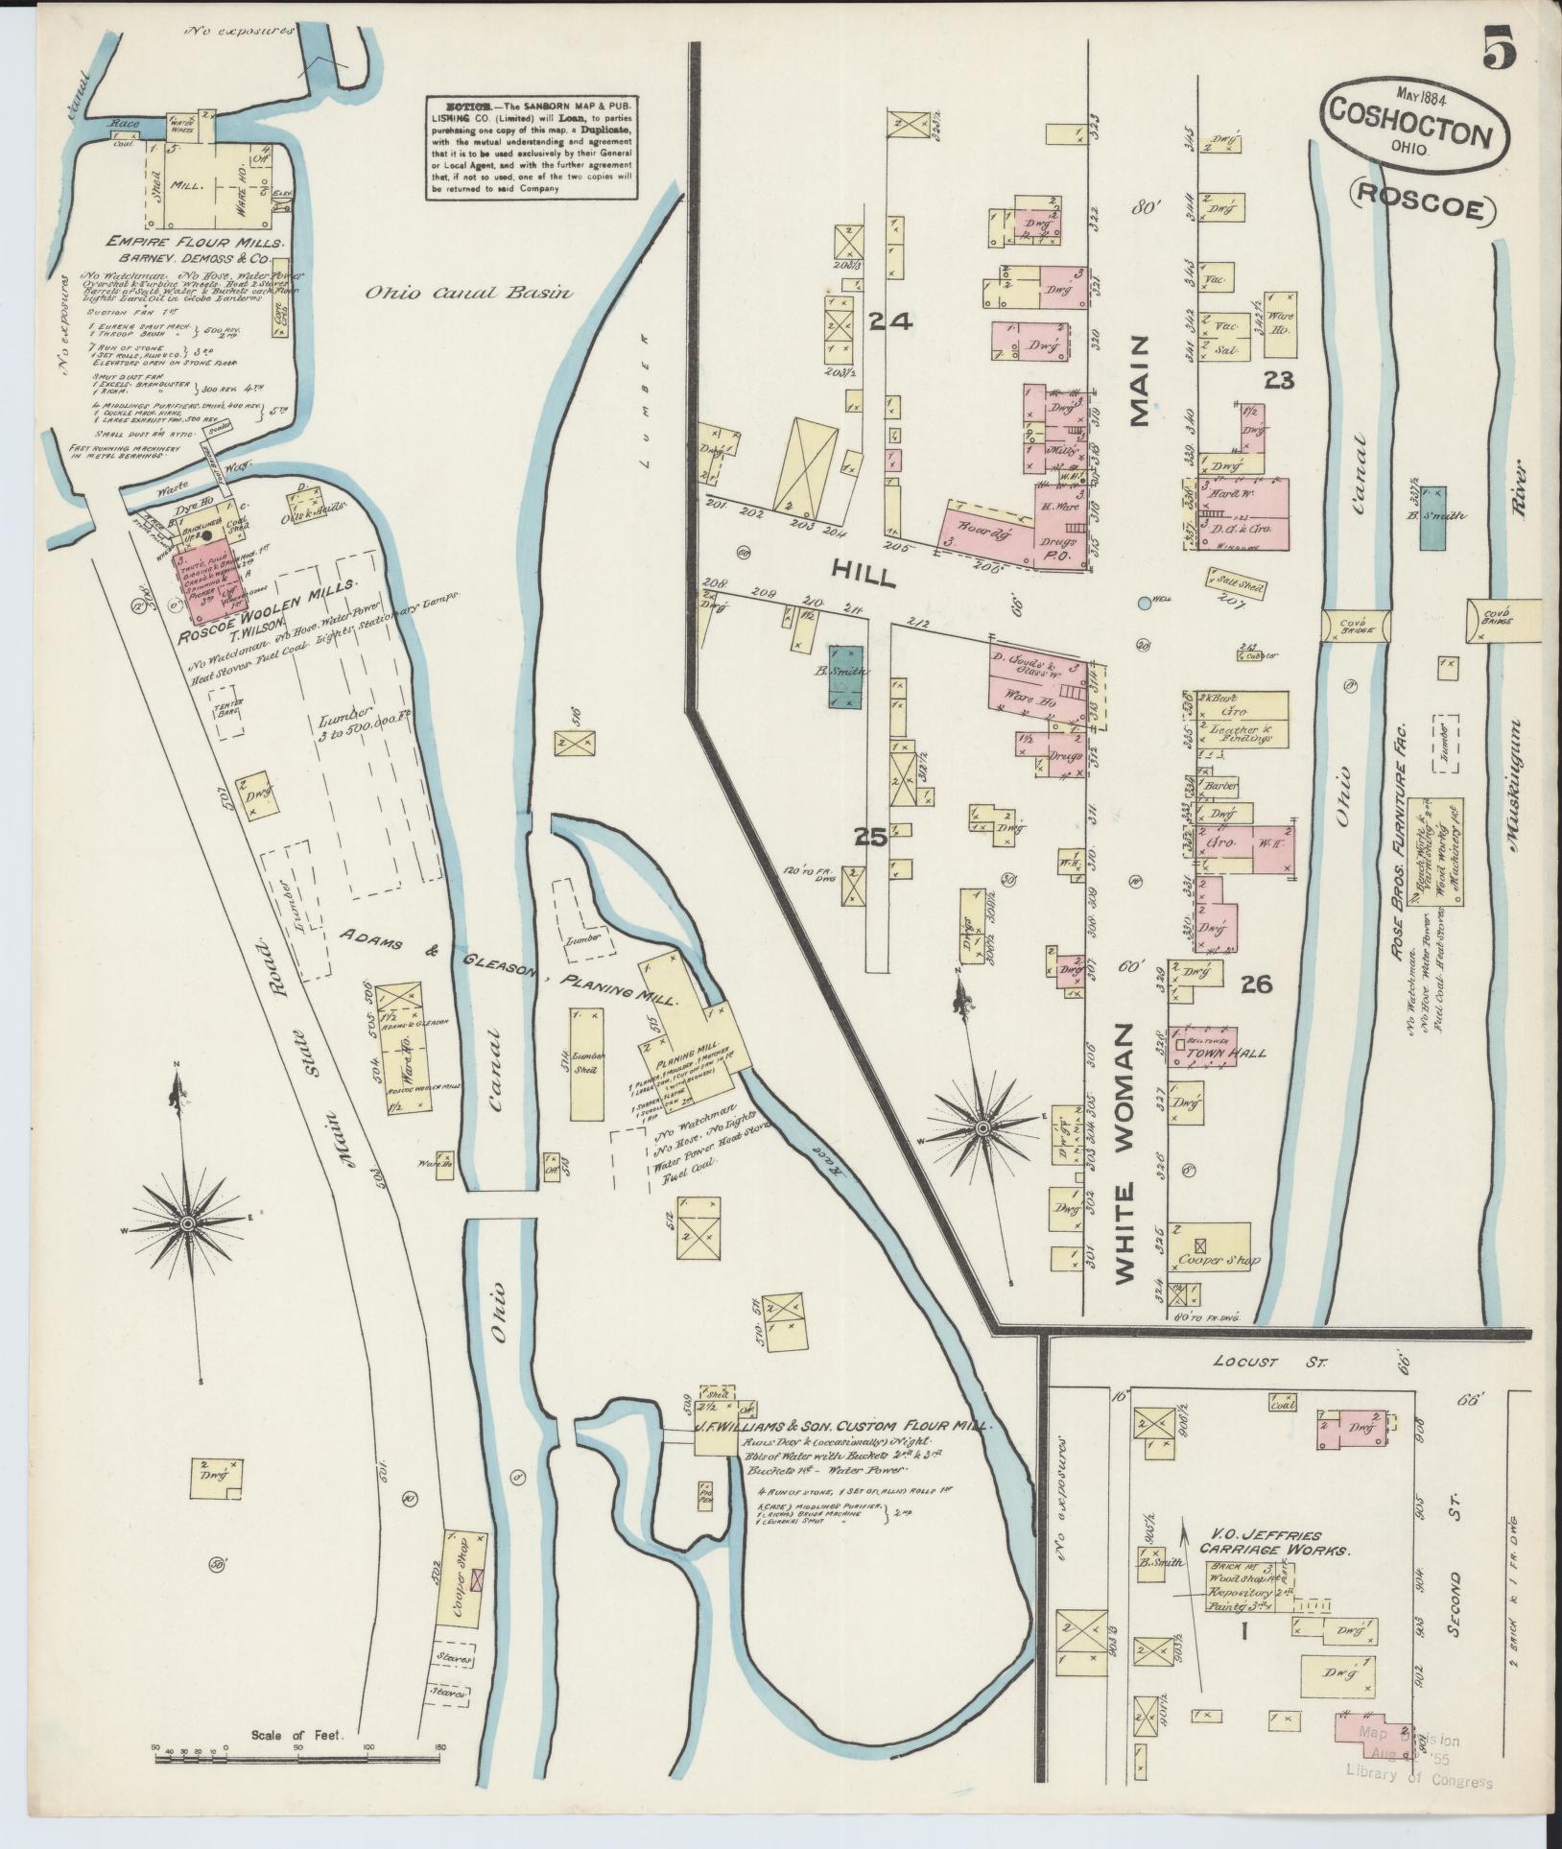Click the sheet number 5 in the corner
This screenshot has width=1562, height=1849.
(1498, 49)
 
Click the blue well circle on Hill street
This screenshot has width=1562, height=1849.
(1144, 604)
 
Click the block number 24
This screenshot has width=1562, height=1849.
(889, 323)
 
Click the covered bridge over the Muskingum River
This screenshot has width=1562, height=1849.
(1502, 621)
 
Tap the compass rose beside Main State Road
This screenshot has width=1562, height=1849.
(188, 1225)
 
